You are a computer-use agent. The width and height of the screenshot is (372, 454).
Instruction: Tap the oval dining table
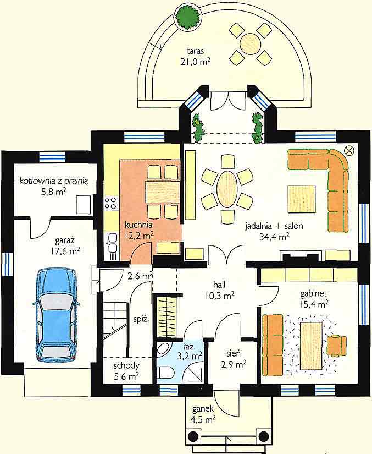tap(227, 189)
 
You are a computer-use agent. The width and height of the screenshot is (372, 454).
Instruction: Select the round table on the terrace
tap(251, 44)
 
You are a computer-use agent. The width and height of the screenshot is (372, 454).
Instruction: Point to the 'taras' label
tap(196, 51)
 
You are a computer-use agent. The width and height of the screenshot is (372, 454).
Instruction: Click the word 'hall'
tap(219, 284)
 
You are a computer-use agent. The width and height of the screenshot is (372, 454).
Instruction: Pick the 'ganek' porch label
tap(203, 409)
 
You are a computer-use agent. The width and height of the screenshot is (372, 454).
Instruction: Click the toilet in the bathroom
tap(165, 373)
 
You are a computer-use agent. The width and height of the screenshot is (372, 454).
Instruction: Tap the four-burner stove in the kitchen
tap(110, 203)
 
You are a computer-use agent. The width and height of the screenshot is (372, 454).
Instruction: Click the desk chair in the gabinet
tap(336, 346)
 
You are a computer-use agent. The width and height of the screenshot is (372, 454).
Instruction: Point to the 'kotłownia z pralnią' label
tap(54, 182)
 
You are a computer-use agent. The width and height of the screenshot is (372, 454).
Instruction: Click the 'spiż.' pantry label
tap(141, 320)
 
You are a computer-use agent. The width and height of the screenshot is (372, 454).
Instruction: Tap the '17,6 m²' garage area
tap(65, 251)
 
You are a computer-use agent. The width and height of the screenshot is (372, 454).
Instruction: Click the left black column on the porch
tap(193, 436)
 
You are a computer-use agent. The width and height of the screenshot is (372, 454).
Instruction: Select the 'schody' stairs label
tap(126, 366)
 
